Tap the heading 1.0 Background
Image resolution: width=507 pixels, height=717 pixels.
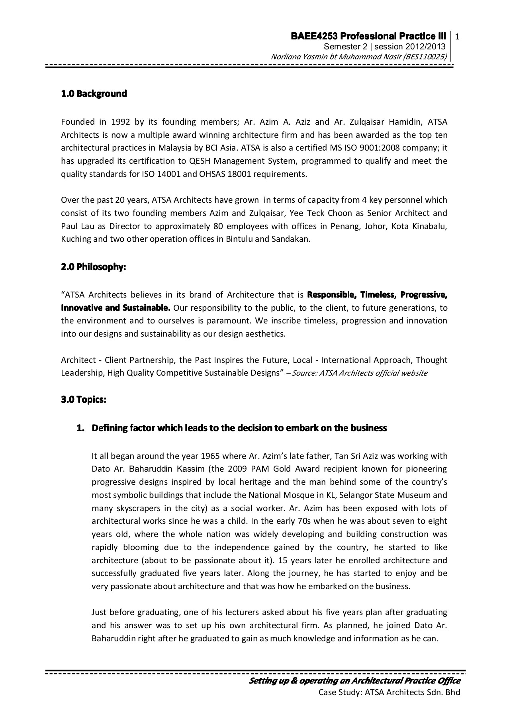pyautogui.click(x=94, y=94)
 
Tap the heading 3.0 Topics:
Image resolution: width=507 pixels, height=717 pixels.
pyautogui.click(x=84, y=400)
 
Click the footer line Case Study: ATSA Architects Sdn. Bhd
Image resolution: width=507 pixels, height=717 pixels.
pyautogui.click(x=389, y=692)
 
